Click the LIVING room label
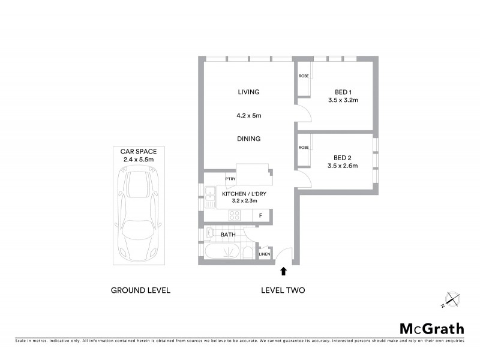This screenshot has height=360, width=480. point(248,92)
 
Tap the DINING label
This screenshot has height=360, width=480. point(248,139)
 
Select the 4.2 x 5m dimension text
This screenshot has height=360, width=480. point(248,115)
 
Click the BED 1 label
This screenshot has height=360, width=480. point(343,92)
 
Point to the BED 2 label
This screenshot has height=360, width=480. point(343,158)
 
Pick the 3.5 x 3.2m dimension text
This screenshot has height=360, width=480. point(343,101)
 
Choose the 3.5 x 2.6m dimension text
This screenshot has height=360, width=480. point(343,167)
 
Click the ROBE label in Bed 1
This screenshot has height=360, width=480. point(304,76)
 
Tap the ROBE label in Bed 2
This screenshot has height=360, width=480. point(304,147)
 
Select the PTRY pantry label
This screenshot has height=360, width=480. point(230,179)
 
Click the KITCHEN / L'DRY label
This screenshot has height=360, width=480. point(245,194)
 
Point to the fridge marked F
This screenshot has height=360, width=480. point(260,215)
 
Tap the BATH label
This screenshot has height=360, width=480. point(228,235)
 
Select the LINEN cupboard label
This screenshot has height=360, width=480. point(265,254)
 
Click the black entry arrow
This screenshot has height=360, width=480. point(283,272)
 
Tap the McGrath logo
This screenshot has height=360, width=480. point(431,328)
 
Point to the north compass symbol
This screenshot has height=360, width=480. point(452,299)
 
